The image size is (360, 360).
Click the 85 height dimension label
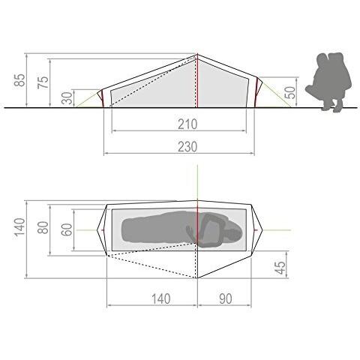click(x=19, y=80)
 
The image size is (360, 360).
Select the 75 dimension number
click(x=43, y=82)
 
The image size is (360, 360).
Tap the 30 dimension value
click(x=67, y=97)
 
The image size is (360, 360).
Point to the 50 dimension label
click(x=289, y=93)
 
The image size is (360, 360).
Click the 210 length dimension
click(x=187, y=124)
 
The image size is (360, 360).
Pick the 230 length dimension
click(x=187, y=147)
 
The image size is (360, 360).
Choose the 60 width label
click(x=67, y=229)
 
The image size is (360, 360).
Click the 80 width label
click(x=43, y=227)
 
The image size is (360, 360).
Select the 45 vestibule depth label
click(x=281, y=268)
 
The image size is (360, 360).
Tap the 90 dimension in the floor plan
click(x=226, y=298)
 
